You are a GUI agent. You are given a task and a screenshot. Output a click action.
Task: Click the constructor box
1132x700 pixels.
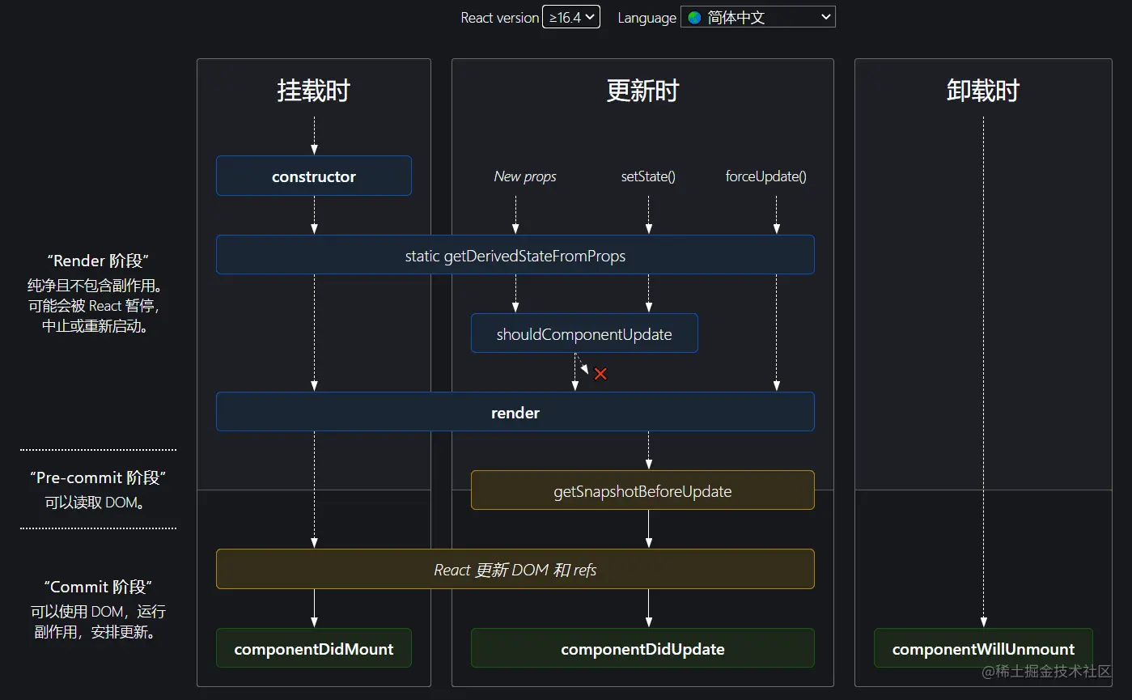314,176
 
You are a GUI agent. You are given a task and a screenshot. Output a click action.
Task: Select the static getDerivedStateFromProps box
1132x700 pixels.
515,256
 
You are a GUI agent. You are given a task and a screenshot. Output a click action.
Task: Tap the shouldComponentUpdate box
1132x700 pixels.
584,334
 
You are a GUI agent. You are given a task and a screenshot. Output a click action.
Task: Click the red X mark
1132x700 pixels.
600,374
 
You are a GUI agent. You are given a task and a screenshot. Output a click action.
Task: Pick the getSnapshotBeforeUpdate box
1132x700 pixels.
642,491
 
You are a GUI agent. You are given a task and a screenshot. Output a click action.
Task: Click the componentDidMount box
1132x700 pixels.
314,649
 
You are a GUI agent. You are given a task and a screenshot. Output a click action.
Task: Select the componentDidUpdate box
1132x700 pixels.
642,649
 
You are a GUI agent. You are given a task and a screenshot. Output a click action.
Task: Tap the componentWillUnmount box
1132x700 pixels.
983,649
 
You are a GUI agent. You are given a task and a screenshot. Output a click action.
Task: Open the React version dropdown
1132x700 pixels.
571,17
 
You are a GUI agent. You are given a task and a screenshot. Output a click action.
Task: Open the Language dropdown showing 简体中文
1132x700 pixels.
758,17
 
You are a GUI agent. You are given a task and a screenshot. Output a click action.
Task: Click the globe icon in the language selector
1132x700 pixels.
695,17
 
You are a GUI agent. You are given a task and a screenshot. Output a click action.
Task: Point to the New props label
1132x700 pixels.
525,176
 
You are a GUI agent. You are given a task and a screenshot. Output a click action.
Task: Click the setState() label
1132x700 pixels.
648,176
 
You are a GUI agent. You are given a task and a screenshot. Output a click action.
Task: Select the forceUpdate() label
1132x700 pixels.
766,176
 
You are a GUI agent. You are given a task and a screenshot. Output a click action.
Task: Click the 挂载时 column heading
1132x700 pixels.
314,91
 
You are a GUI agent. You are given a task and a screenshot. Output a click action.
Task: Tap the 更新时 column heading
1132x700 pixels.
642,91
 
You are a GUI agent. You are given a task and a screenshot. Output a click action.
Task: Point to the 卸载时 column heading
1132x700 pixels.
983,91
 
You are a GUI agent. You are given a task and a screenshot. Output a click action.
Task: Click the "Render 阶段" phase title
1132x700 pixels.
98,261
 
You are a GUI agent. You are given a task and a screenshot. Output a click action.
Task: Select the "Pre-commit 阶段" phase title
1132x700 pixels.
98,477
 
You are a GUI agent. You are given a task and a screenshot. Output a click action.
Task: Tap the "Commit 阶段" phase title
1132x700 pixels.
98,587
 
